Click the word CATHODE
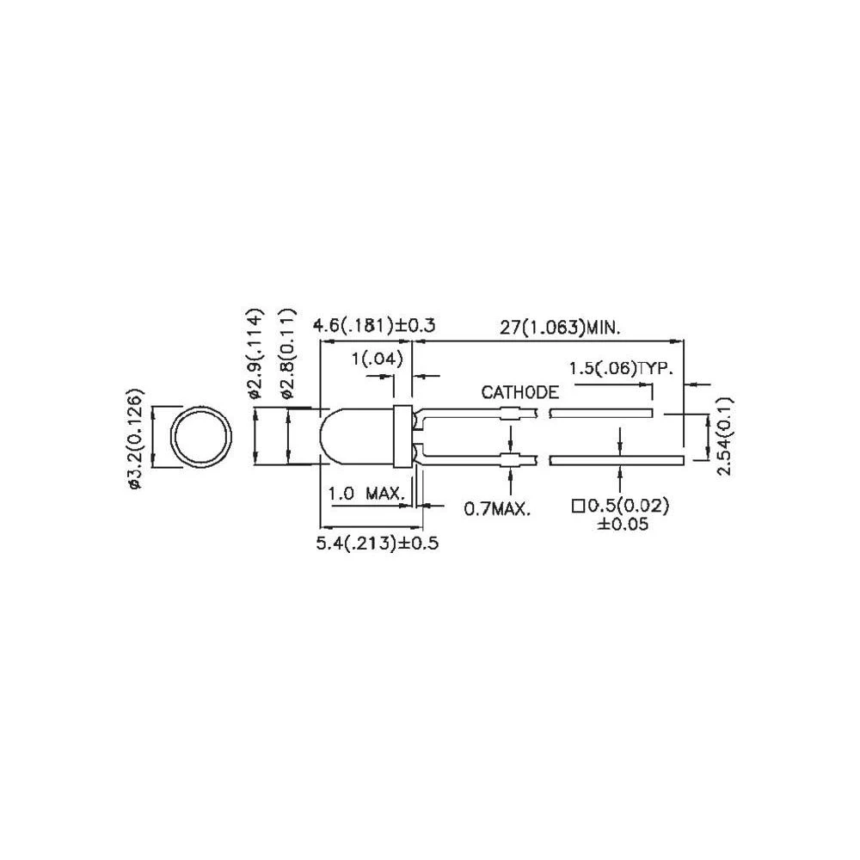(x=519, y=393)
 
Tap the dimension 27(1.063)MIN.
(x=561, y=327)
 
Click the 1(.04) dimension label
(x=378, y=360)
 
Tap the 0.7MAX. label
(x=497, y=509)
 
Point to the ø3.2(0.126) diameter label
(x=135, y=439)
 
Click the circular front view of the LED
(x=203, y=437)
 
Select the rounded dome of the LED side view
(x=348, y=437)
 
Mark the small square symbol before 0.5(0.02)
(x=578, y=506)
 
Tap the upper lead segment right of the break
(x=599, y=414)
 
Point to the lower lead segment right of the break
(x=617, y=460)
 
